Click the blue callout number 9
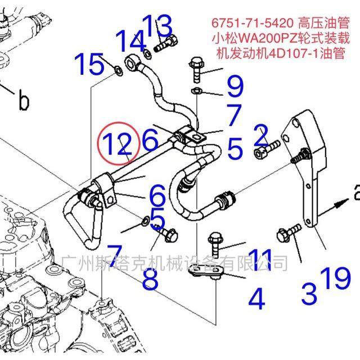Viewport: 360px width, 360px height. click(235, 88)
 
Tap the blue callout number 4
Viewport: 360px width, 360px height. click(256, 299)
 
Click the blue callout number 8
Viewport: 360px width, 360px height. click(150, 279)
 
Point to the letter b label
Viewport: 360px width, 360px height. click(23, 101)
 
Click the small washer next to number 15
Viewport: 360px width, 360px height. click(119, 70)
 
